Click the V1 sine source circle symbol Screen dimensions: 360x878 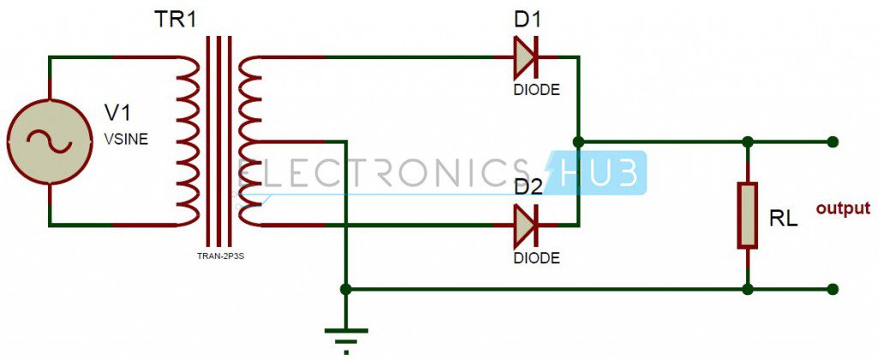point(49,141)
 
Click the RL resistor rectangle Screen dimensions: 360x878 point(749,214)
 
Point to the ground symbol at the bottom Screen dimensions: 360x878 point(346,335)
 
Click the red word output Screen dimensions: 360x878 point(842,208)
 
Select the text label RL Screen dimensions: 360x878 point(784,219)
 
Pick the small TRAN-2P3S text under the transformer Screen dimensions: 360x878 point(219,255)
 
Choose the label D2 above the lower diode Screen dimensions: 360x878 point(530,188)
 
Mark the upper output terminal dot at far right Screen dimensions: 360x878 point(833,141)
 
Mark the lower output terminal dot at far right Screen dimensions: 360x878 point(833,290)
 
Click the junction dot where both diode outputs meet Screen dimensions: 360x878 point(580,141)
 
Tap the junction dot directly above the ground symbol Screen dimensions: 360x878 point(346,290)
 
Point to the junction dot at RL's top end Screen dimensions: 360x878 point(749,141)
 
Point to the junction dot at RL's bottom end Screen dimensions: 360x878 point(749,290)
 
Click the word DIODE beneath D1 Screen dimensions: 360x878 point(537,88)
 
